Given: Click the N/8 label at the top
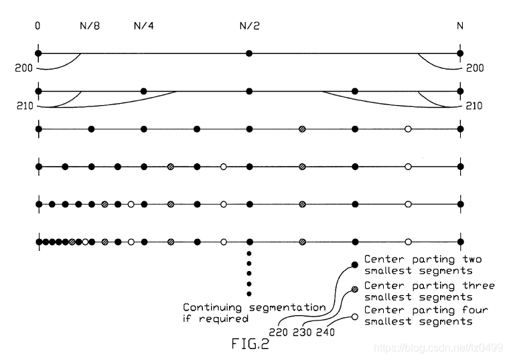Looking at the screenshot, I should (x=90, y=27).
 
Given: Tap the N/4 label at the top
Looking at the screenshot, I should (x=143, y=27).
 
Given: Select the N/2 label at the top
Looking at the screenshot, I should (x=249, y=27).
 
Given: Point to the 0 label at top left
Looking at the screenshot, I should (x=38, y=27).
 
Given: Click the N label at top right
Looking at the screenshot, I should (x=459, y=27).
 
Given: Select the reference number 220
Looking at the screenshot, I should (x=279, y=331).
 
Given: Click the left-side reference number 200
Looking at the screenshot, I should (x=24, y=68).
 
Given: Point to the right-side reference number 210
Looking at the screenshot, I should (x=473, y=106).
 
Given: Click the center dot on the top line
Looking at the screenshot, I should (x=249, y=53).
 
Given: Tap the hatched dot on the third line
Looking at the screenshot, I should (x=302, y=128).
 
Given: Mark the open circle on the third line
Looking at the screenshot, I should (x=408, y=128).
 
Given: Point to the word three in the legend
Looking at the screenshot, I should (x=480, y=286).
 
